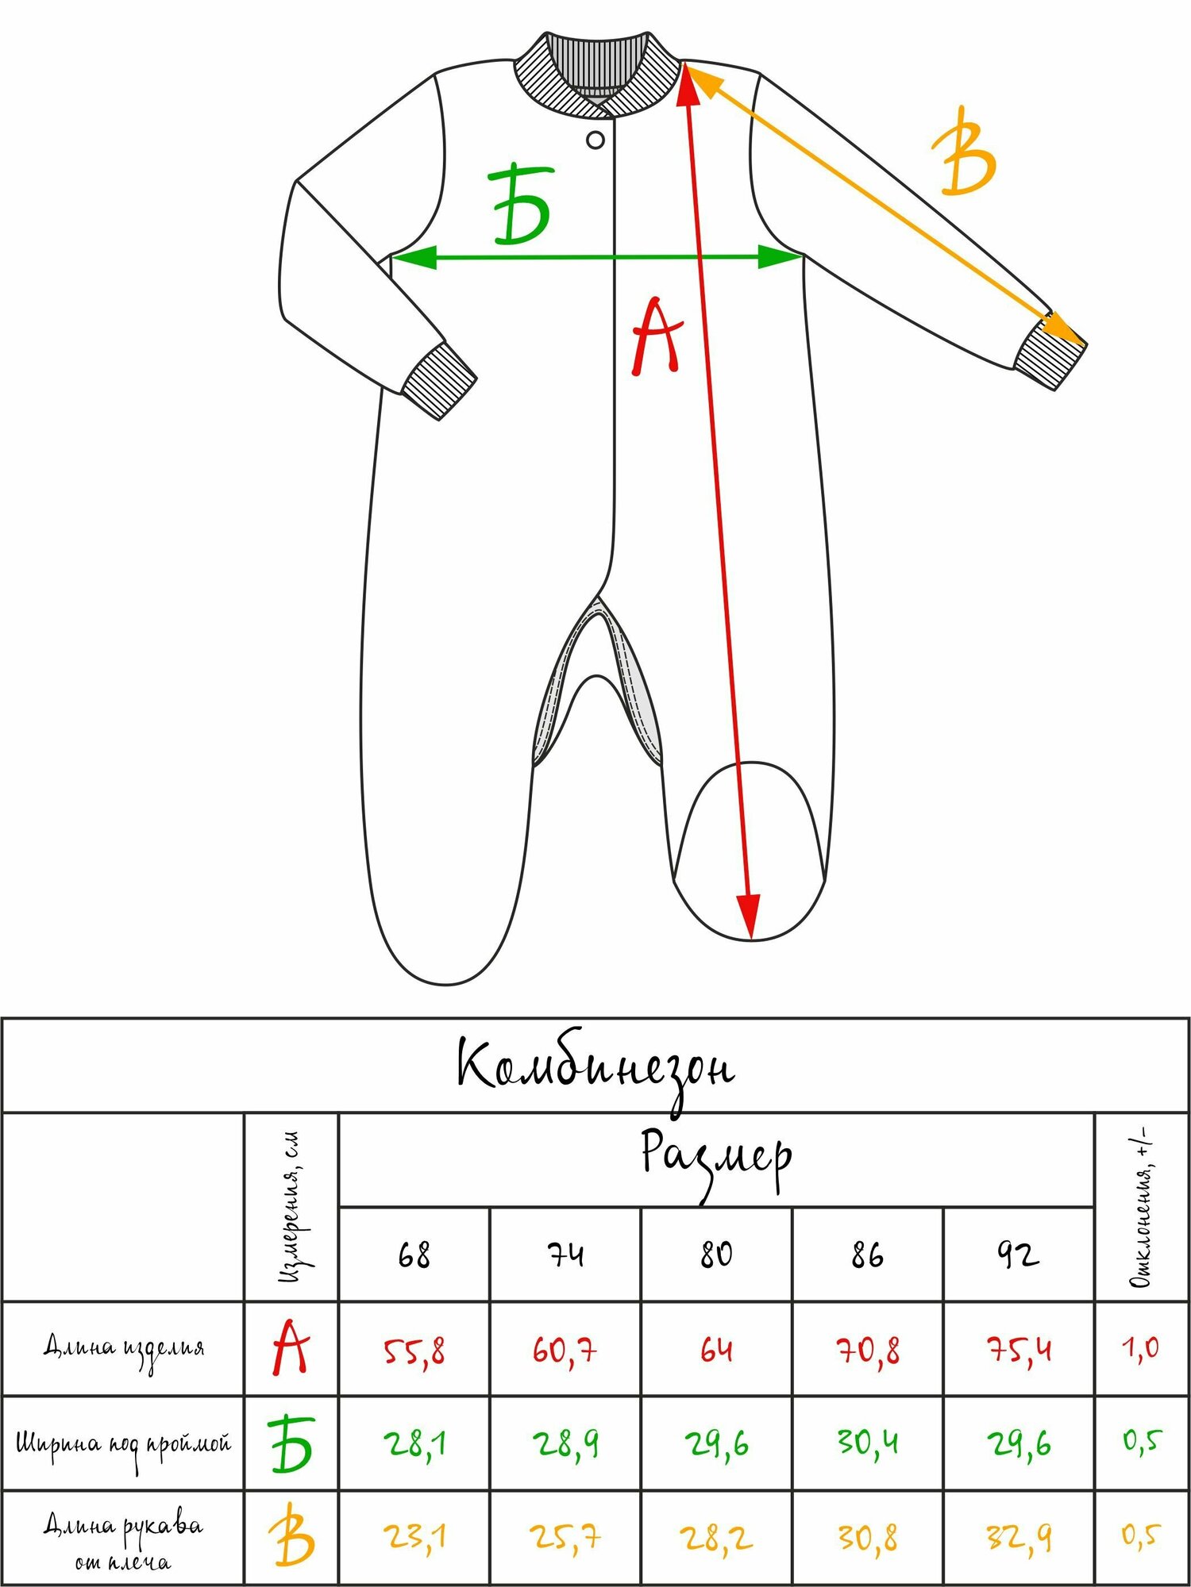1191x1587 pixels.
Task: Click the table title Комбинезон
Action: [595, 1067]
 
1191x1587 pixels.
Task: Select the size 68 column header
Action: [414, 1255]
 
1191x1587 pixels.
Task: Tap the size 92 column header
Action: [1018, 1255]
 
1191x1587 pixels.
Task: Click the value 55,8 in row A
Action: [414, 1350]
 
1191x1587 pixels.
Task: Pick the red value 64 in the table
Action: [716, 1350]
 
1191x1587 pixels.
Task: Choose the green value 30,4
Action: [867, 1442]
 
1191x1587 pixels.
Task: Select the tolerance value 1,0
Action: [1140, 1348]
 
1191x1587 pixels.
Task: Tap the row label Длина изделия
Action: [124, 1348]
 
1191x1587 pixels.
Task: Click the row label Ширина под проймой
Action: [124, 1443]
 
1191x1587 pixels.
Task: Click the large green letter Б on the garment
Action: [521, 205]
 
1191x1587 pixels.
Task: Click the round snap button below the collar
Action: [595, 140]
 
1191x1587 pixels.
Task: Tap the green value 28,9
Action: [565, 1442]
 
